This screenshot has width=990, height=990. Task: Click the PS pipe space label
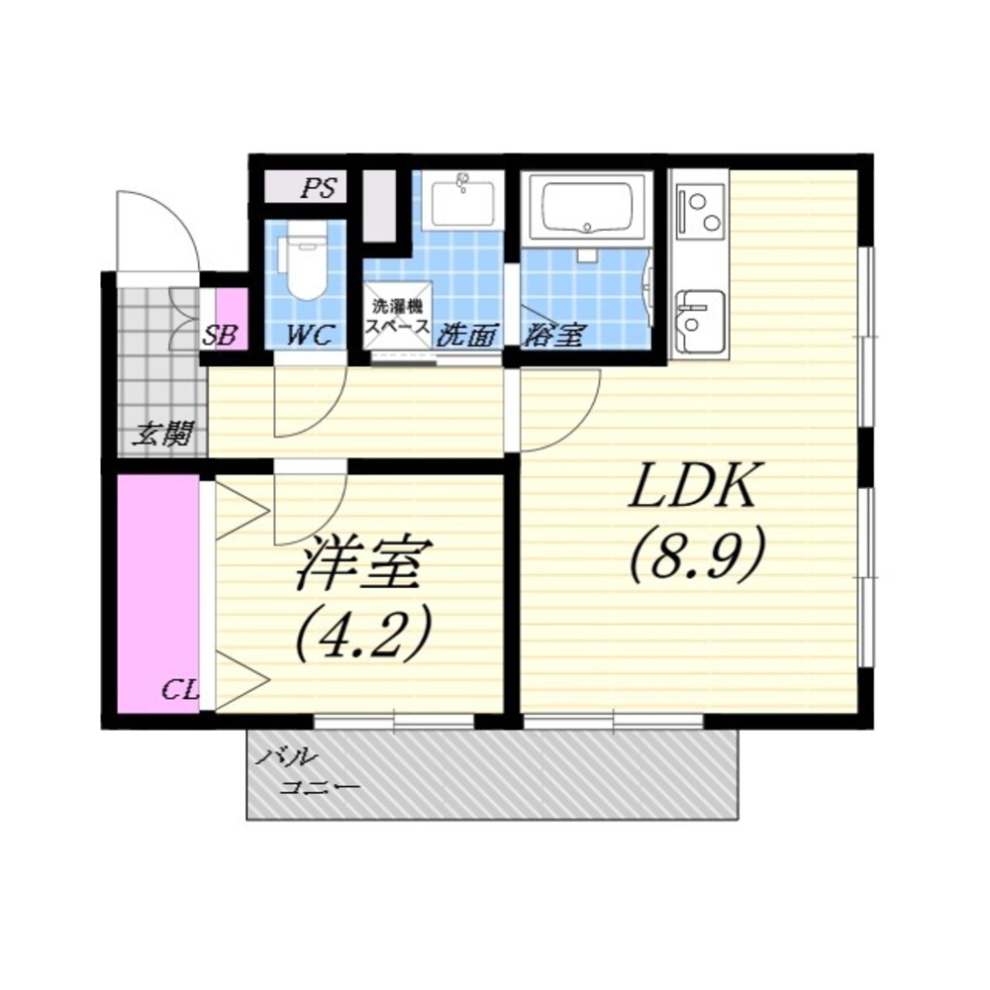click(318, 188)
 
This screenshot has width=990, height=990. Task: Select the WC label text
click(309, 335)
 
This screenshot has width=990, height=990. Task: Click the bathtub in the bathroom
click(587, 208)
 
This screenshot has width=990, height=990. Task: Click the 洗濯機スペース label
click(398, 317)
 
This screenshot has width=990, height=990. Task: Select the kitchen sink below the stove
click(698, 322)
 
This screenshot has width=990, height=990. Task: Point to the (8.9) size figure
click(696, 553)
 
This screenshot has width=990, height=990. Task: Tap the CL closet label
click(180, 689)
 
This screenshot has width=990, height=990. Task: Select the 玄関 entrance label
click(162, 435)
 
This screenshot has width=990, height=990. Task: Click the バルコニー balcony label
click(308, 771)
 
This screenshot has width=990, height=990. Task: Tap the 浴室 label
click(553, 335)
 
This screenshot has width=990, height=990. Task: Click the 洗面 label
click(469, 336)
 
